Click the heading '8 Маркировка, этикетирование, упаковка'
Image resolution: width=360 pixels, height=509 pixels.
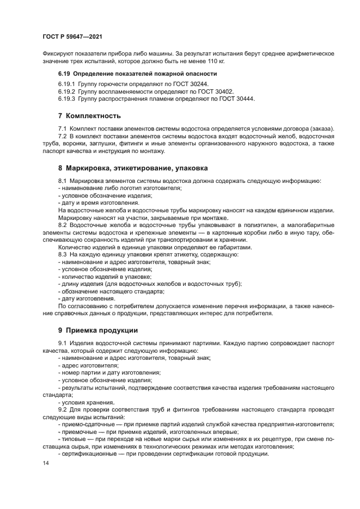(x=133, y=168)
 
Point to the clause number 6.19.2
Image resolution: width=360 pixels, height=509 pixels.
(x=66, y=92)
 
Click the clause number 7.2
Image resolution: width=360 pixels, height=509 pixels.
(x=63, y=135)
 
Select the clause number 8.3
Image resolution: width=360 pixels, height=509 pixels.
(x=63, y=254)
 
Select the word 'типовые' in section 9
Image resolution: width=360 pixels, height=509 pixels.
(x=74, y=439)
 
